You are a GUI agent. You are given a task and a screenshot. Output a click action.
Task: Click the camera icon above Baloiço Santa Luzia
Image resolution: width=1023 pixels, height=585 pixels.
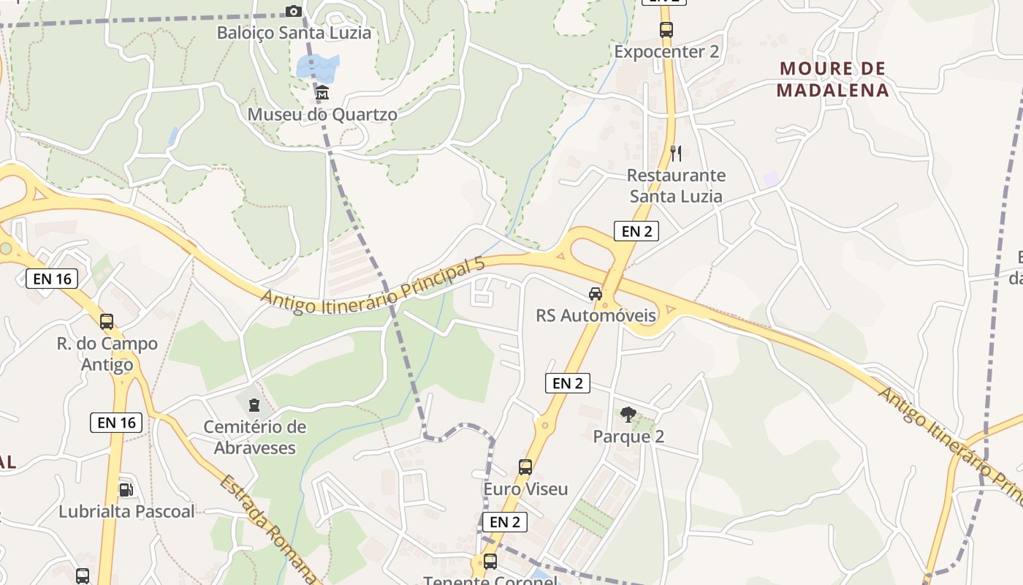click(x=293, y=11)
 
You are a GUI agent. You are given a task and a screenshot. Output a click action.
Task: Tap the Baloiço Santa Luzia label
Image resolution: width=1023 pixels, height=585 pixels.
click(x=294, y=33)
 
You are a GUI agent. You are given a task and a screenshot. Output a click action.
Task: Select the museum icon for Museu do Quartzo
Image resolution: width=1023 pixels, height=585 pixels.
click(x=322, y=93)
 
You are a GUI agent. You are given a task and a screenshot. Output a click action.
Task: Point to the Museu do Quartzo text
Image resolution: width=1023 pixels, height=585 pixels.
click(x=322, y=115)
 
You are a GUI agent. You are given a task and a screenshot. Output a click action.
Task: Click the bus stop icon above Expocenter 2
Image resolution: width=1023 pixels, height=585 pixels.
click(x=666, y=30)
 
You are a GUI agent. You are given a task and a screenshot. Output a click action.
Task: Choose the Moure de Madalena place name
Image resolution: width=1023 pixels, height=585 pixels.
click(x=832, y=80)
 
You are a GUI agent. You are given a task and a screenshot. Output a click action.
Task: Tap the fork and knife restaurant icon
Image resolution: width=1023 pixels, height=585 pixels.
click(x=676, y=154)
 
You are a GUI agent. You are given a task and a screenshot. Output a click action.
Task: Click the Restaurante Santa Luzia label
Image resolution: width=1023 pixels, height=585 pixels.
click(x=676, y=186)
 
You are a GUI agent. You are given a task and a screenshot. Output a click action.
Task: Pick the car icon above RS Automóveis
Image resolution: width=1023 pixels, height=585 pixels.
click(x=596, y=294)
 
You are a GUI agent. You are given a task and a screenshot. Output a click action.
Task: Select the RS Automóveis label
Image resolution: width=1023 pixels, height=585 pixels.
click(x=596, y=316)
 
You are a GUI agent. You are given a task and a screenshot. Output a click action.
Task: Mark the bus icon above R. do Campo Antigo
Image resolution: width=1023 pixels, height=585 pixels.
click(x=107, y=321)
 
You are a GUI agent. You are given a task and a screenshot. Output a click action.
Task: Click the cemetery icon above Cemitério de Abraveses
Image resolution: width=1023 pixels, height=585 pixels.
click(x=254, y=404)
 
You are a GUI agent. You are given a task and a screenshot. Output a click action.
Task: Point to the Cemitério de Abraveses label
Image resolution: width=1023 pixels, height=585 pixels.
click(x=254, y=437)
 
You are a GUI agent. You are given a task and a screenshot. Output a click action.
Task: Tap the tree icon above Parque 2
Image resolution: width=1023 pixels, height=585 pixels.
click(x=628, y=415)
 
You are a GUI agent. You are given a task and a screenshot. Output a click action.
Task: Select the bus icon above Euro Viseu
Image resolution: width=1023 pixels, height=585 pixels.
click(x=525, y=467)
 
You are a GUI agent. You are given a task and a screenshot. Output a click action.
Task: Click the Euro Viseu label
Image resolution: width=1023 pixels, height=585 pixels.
click(x=525, y=489)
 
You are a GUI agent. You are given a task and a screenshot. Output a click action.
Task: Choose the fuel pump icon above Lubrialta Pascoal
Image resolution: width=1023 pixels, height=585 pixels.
click(x=126, y=489)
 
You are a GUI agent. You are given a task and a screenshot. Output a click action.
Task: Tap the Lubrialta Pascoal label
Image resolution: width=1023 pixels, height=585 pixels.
click(x=126, y=511)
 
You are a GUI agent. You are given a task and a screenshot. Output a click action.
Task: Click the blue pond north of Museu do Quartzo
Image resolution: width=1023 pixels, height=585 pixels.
click(x=319, y=66)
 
